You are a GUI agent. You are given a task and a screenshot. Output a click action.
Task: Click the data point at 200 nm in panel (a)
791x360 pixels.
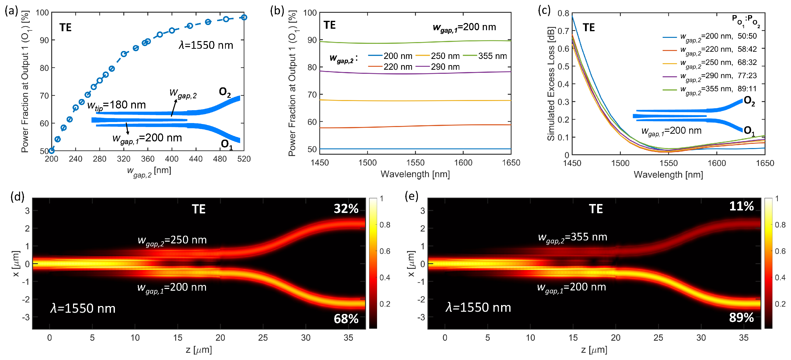pyautogui.click(x=51, y=151)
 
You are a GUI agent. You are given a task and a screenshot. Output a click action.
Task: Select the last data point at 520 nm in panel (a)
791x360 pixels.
pyautogui.click(x=244, y=18)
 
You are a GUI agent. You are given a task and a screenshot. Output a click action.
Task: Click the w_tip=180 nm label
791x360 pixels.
pyautogui.click(x=116, y=105)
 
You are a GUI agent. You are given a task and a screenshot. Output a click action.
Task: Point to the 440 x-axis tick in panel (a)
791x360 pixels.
pyautogui.click(x=196, y=159)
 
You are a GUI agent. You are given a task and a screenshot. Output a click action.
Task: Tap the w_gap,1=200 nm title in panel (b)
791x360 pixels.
pyautogui.click(x=464, y=27)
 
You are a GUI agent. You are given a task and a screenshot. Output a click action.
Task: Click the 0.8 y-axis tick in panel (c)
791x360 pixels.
pyautogui.click(x=563, y=13)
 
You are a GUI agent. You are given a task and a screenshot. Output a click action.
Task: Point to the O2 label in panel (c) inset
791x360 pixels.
pyautogui.click(x=749, y=101)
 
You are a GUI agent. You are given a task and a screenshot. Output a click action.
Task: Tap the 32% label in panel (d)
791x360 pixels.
pyautogui.click(x=346, y=208)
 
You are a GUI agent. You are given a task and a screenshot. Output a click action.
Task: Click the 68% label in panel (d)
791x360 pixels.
pyautogui.click(x=346, y=319)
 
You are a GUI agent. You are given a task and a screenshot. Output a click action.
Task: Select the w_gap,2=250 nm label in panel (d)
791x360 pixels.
pyautogui.click(x=172, y=240)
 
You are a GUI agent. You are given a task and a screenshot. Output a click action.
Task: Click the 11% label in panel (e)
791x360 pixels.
pyautogui.click(x=741, y=206)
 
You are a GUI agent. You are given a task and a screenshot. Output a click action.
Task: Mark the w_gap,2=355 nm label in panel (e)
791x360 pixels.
pyautogui.click(x=572, y=237)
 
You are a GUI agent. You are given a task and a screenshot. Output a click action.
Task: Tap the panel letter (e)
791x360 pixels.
pyautogui.click(x=411, y=196)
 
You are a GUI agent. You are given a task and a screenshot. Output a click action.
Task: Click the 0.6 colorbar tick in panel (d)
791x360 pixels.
pyautogui.click(x=385, y=251)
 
